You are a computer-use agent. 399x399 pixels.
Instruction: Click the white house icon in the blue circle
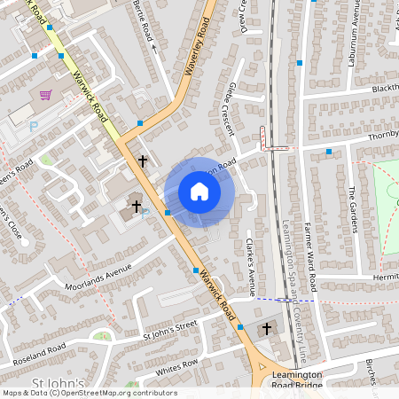tap(199, 192)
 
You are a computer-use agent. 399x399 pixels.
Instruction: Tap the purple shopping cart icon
tap(45, 95)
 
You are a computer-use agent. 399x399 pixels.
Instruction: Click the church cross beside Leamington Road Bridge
tap(266, 330)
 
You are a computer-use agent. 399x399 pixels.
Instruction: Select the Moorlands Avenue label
tap(98, 276)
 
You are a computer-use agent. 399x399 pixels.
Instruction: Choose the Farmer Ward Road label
tap(313, 257)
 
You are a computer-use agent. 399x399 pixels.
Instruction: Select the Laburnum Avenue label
tap(351, 35)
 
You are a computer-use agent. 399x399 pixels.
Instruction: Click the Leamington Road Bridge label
tap(297, 380)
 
